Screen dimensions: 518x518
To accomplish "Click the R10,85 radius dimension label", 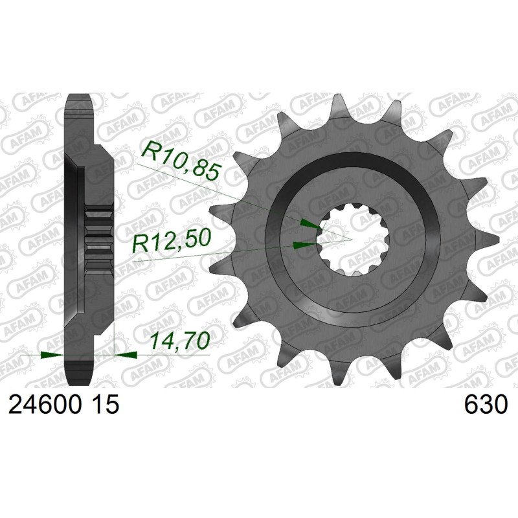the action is coord(180,161).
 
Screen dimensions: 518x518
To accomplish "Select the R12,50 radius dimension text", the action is coord(171,240).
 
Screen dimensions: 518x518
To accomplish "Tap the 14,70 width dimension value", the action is coord(180,341).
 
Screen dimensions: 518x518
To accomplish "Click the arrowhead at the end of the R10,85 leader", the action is coord(311,224).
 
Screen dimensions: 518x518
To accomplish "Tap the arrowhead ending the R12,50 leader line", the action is coord(304,245).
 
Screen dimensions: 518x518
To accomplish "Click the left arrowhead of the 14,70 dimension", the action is coord(52,355).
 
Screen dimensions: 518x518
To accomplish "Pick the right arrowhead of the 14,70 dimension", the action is coord(125,355).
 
